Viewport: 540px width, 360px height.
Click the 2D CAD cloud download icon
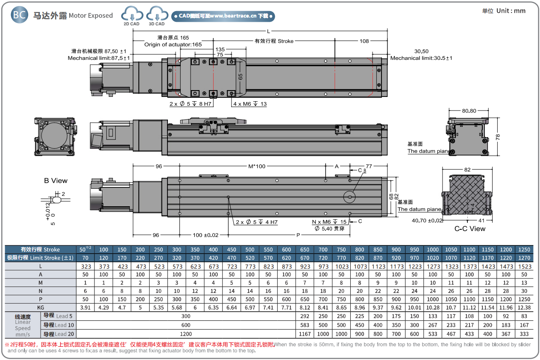[x=132, y=15]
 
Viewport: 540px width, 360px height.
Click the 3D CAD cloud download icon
[x=156, y=15]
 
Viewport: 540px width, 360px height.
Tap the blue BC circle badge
[x=19, y=15]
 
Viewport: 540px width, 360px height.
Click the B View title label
[x=56, y=181]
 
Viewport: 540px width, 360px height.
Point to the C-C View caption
[x=470, y=228]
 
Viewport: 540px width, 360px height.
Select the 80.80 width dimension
[x=468, y=111]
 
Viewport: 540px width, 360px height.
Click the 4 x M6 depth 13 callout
[x=250, y=104]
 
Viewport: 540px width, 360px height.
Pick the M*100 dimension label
[x=257, y=166]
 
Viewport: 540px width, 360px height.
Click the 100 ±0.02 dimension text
[x=205, y=235]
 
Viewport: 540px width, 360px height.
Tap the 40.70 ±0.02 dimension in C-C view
[x=427, y=221]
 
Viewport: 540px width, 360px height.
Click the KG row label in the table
[x=40, y=307]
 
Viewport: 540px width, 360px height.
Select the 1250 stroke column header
[x=524, y=249]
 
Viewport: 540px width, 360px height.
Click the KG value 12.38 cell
[x=524, y=307]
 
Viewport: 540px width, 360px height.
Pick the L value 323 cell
[x=85, y=266]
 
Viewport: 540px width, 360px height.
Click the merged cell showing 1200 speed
[x=185, y=334]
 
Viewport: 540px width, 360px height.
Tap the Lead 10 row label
[x=59, y=325]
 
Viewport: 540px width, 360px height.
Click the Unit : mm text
[x=504, y=11]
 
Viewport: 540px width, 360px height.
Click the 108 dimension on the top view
[x=364, y=41]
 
